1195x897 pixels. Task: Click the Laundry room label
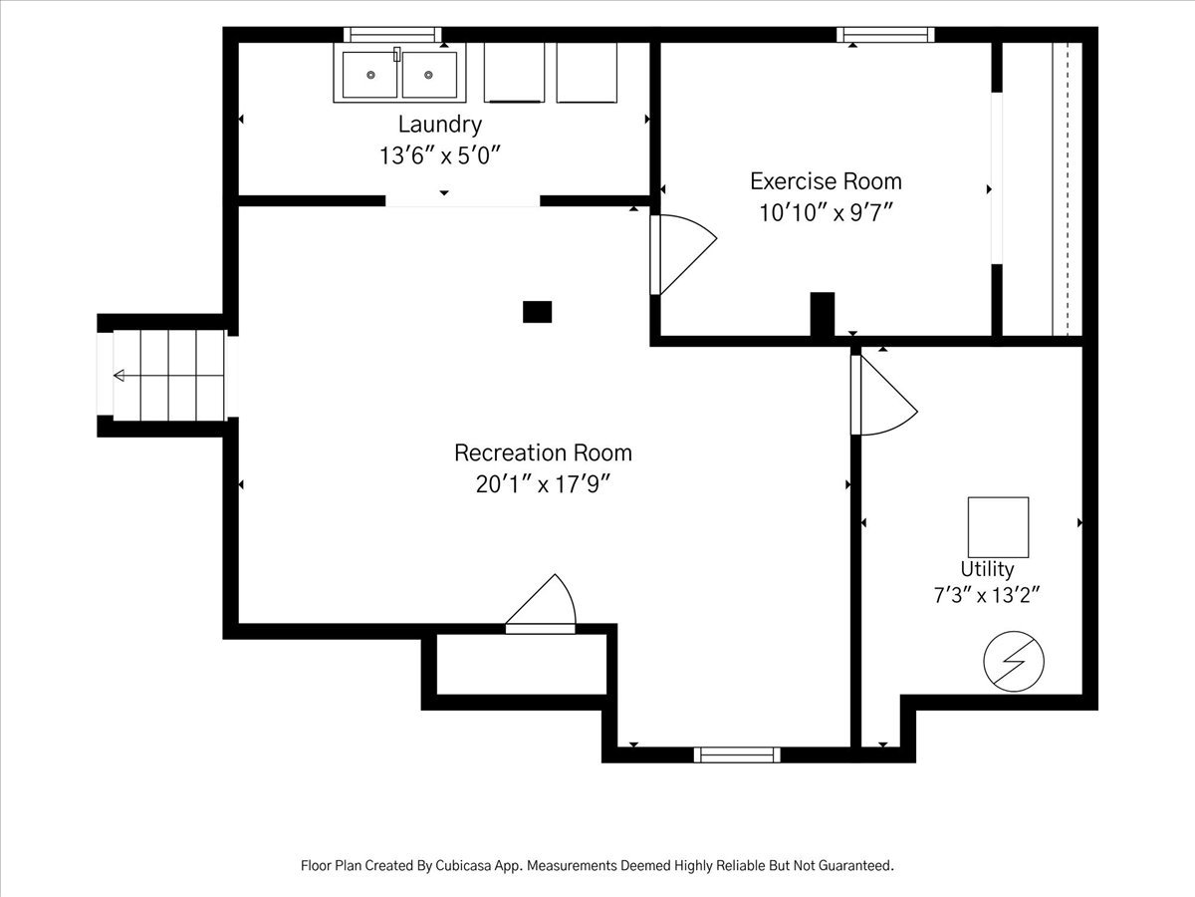[440, 126]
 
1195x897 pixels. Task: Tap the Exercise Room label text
[826, 181]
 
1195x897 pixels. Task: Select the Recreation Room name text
[544, 453]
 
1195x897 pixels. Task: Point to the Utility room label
[987, 570]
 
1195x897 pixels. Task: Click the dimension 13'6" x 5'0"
[440, 155]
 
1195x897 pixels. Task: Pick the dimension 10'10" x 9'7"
[826, 213]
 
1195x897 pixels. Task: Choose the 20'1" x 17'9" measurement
[544, 484]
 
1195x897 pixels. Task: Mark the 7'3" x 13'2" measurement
[987, 595]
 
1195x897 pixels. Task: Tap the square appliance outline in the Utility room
[998, 526]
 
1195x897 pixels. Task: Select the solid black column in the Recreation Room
[538, 312]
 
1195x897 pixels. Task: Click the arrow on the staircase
[168, 376]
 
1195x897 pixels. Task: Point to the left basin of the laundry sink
[370, 75]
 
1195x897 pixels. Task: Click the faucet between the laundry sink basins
[397, 54]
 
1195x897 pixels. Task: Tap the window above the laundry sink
[392, 35]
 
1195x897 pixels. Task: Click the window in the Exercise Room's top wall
[885, 35]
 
